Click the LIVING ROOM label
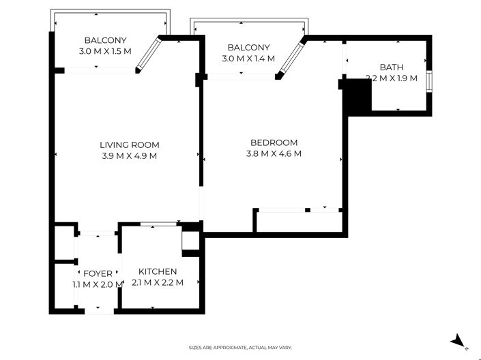click(130, 145)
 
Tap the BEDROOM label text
click(274, 142)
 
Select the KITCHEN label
click(158, 271)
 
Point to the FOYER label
click(98, 273)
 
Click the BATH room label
click(392, 67)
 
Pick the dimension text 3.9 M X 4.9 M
click(130, 155)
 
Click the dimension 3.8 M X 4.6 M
click(274, 153)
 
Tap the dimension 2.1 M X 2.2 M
click(158, 282)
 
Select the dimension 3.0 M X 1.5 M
click(105, 51)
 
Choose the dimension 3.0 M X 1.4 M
click(248, 58)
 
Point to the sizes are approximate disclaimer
click(240, 348)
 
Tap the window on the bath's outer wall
click(429, 81)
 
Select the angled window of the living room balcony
click(149, 54)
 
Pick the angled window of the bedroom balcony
click(292, 58)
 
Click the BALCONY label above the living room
click(105, 40)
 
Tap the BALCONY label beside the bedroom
click(248, 48)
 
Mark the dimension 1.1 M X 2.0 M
click(98, 284)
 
